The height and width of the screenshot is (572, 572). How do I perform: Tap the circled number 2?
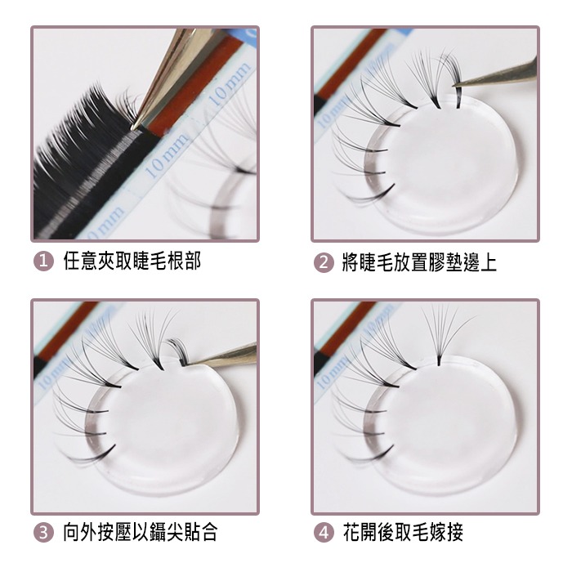(x=324, y=262)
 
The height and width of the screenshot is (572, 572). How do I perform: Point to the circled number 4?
(x=324, y=533)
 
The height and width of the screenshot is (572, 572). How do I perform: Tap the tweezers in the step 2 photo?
(x=498, y=74)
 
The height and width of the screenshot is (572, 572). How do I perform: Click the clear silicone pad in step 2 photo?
(x=449, y=163)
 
